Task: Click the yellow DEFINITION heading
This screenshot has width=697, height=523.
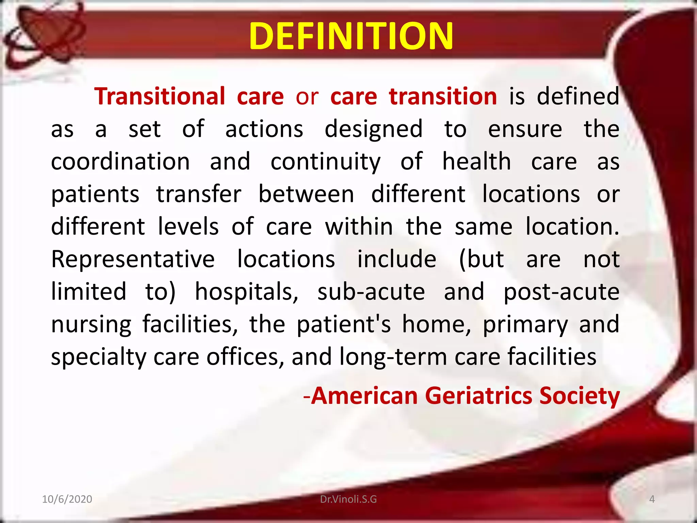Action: tap(351, 36)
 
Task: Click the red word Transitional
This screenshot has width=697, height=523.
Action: tap(160, 96)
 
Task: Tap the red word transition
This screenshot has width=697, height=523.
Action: tap(443, 96)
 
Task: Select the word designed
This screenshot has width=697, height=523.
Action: tap(373, 130)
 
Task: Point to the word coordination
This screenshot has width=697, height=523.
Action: tap(120, 162)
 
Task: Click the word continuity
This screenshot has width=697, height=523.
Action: tap(325, 162)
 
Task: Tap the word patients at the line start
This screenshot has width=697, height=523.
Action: tap(95, 195)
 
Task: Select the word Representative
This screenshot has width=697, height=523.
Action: tap(133, 260)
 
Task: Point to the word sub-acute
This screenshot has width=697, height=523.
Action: tap(371, 292)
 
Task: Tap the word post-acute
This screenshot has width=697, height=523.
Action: tap(561, 292)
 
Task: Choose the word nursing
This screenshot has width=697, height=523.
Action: tap(91, 325)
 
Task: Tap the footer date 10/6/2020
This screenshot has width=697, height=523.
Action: tap(67, 499)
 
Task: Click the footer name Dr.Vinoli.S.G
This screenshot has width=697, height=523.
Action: tap(348, 499)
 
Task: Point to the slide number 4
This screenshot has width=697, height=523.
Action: tap(652, 499)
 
